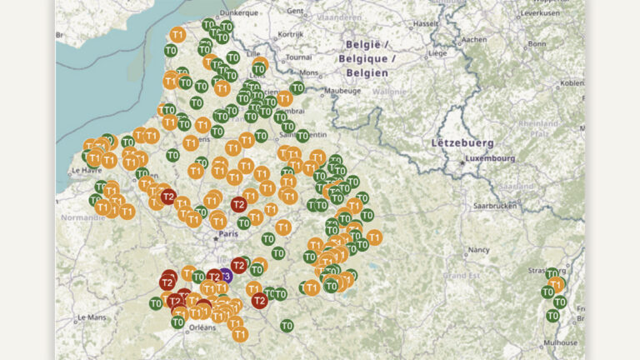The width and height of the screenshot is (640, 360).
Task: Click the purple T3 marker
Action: (x=226, y=275)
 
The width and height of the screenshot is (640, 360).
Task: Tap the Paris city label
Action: (x=227, y=235)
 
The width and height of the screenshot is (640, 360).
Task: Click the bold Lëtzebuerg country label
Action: (x=463, y=142)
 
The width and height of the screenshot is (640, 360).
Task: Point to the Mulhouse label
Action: (x=560, y=342)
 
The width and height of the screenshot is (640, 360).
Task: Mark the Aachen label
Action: (x=474, y=39)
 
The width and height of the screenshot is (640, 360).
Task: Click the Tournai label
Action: (x=296, y=58)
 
